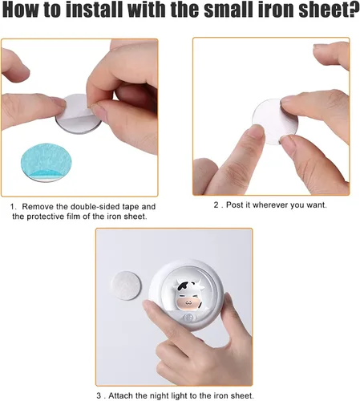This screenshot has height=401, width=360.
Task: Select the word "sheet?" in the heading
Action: tap(326, 14)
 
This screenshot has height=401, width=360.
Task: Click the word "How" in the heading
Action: tap(21, 14)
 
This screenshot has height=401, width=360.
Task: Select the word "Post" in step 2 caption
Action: tap(237, 205)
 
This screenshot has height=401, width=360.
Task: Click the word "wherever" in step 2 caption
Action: tap(277, 205)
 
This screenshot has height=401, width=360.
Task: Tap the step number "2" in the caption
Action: tap(216, 205)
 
